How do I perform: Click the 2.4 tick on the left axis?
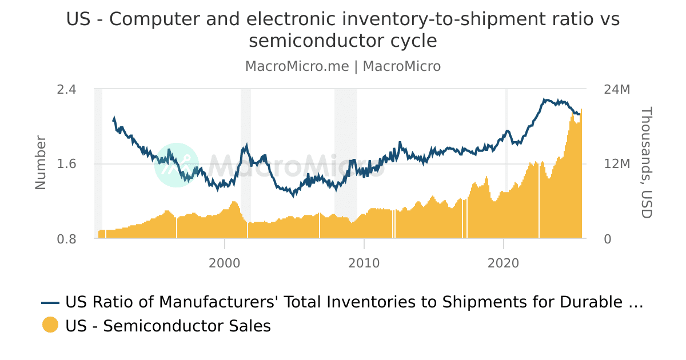coord(66,90)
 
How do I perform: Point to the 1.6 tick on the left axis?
coord(66,164)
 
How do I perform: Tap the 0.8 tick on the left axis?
coord(66,239)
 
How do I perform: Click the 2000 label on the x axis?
coord(225,263)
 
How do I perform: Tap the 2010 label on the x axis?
coord(364,263)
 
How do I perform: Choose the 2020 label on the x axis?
coord(504,263)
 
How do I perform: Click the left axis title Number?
coord(41,162)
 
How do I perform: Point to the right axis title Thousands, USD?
coord(646,163)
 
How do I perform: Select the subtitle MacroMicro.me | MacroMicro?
coord(343,66)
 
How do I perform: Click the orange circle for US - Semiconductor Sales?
coord(50,325)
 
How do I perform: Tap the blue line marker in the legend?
coord(50,302)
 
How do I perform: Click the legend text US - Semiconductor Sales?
coord(168,326)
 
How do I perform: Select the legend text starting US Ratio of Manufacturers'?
coord(354,302)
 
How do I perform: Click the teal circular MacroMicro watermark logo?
coord(177,165)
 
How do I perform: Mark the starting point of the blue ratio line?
coord(113,121)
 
